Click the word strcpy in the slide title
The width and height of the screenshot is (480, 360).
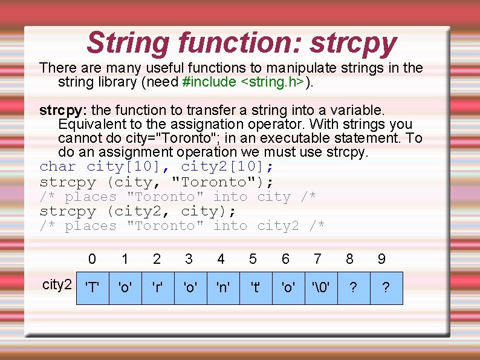pos(354,44)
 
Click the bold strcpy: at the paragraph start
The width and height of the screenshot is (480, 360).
pos(63,110)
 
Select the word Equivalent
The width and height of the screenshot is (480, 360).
pos(91,124)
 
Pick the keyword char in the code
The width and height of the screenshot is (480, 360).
pos(57,166)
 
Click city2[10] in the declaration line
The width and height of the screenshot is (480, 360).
pos(227,166)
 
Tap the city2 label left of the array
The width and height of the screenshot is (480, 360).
pos(57,285)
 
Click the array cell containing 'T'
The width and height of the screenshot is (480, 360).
pos(92,288)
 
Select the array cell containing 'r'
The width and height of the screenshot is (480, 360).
pos(157,288)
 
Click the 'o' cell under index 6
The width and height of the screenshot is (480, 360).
pos(288,288)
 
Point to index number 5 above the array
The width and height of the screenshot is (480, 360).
pos(253,260)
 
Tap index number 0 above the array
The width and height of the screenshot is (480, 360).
pos(92,260)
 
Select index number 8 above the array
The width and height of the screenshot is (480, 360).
pos(349,260)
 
